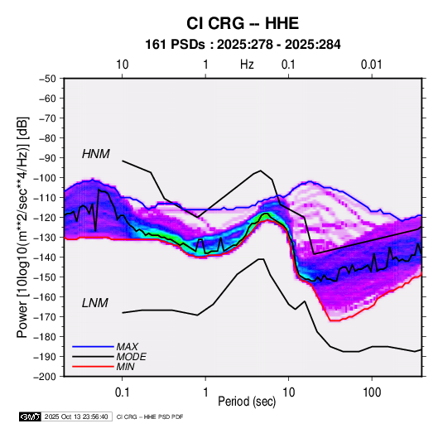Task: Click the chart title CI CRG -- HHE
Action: pyautogui.click(x=243, y=23)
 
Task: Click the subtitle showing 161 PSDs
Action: pyautogui.click(x=243, y=45)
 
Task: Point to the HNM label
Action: pyautogui.click(x=96, y=154)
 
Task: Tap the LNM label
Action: pyautogui.click(x=95, y=303)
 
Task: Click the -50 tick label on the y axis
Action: pyautogui.click(x=48, y=79)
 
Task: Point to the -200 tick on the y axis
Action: pyautogui.click(x=45, y=377)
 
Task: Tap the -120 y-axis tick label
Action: pyautogui.click(x=45, y=218)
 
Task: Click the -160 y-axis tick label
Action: pyautogui.click(x=45, y=297)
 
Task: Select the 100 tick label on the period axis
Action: pyautogui.click(x=372, y=392)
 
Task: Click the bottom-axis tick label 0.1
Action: pyautogui.click(x=122, y=392)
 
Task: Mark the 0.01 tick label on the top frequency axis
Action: pyautogui.click(x=371, y=65)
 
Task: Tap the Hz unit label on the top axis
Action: pyautogui.click(x=247, y=65)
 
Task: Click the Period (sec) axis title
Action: pyautogui.click(x=247, y=402)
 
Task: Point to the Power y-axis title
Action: pyautogui.click(x=22, y=227)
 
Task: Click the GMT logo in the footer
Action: pyautogui.click(x=31, y=416)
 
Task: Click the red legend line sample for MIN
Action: pyautogui.click(x=93, y=367)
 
